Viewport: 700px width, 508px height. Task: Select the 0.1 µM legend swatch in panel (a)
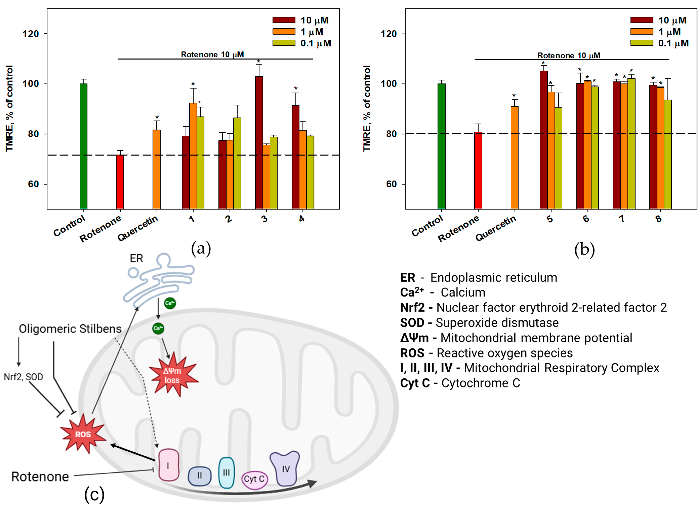click(284, 43)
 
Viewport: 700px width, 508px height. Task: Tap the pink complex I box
click(168, 465)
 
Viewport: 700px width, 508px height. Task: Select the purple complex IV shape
click(285, 468)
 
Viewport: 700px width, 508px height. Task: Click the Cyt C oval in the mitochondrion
click(254, 479)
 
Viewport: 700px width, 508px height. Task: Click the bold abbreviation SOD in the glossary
click(412, 323)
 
